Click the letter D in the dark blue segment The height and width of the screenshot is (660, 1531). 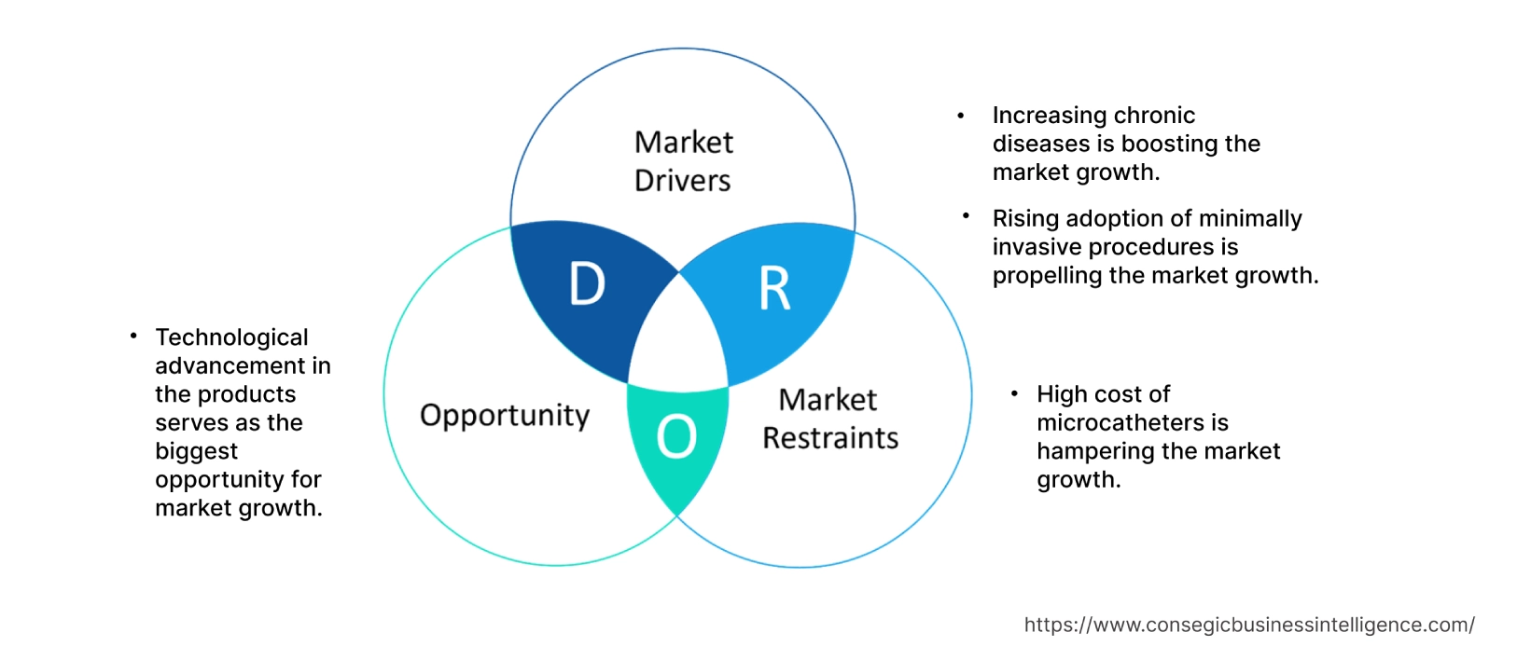tap(587, 283)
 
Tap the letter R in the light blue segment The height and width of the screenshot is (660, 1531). tap(774, 288)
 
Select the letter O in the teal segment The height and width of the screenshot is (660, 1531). tap(676, 436)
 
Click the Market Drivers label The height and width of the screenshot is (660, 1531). tap(683, 161)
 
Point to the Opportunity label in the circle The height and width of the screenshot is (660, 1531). tap(505, 415)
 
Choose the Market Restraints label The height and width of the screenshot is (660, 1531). tap(829, 419)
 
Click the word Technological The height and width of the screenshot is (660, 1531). tap(231, 337)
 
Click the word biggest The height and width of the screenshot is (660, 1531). tap(196, 451)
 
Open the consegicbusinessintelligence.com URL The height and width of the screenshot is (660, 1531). tap(1248, 626)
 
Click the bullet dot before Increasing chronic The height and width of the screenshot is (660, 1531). tap(960, 116)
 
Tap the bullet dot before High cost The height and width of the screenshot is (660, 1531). tap(1014, 394)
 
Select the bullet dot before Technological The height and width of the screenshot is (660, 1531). tap(133, 335)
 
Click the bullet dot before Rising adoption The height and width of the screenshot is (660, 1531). tap(966, 216)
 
